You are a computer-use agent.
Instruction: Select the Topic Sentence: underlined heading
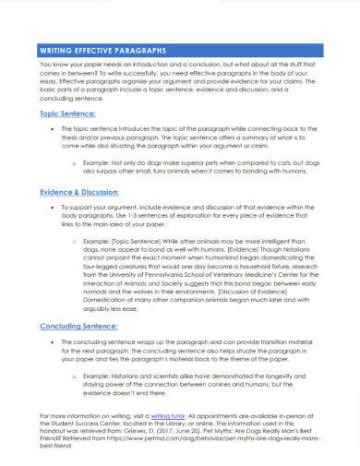coord(68,113)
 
